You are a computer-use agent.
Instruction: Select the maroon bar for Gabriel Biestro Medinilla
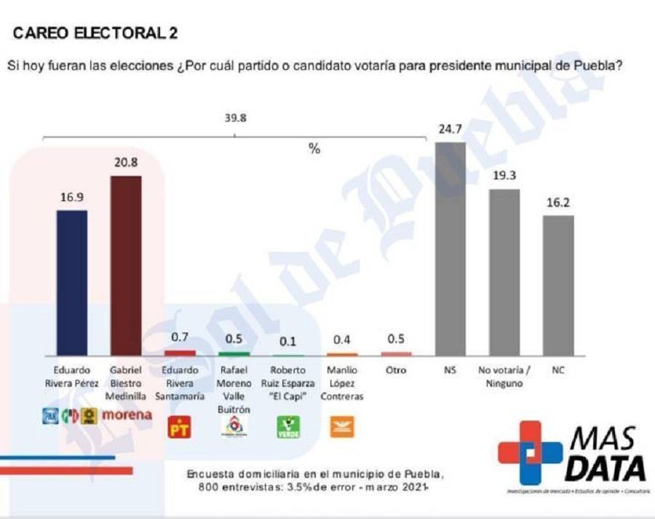click(125, 265)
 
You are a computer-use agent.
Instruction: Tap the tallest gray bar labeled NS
click(450, 249)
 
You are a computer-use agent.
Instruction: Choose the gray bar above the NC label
click(559, 285)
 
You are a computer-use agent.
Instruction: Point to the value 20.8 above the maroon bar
click(125, 163)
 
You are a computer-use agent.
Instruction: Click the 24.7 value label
click(450, 130)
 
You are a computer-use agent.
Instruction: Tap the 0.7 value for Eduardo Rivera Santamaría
click(180, 337)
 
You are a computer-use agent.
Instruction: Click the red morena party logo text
click(127, 415)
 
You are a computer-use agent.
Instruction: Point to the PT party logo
click(179, 429)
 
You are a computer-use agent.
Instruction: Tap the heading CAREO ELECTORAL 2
click(95, 34)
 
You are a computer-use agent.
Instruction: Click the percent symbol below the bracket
click(314, 149)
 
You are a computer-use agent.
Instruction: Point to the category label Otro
click(396, 370)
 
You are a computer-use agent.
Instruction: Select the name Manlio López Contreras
click(342, 383)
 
